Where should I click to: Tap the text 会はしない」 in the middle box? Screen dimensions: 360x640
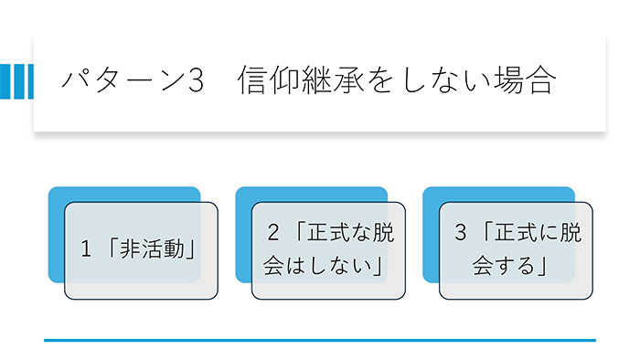click(322, 267)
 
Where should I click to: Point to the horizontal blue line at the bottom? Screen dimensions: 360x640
click(320, 340)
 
